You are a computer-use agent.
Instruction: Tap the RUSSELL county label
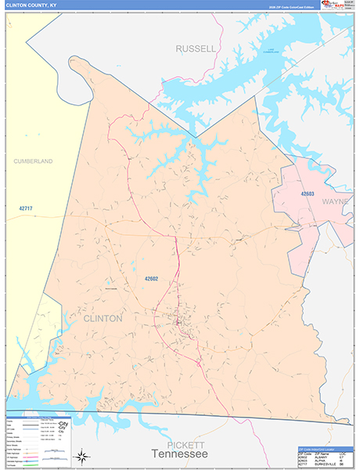[195, 49]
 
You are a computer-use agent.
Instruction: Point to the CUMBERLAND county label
[33, 161]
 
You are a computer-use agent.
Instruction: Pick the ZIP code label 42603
[308, 193]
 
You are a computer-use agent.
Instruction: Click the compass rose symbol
[81, 456]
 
